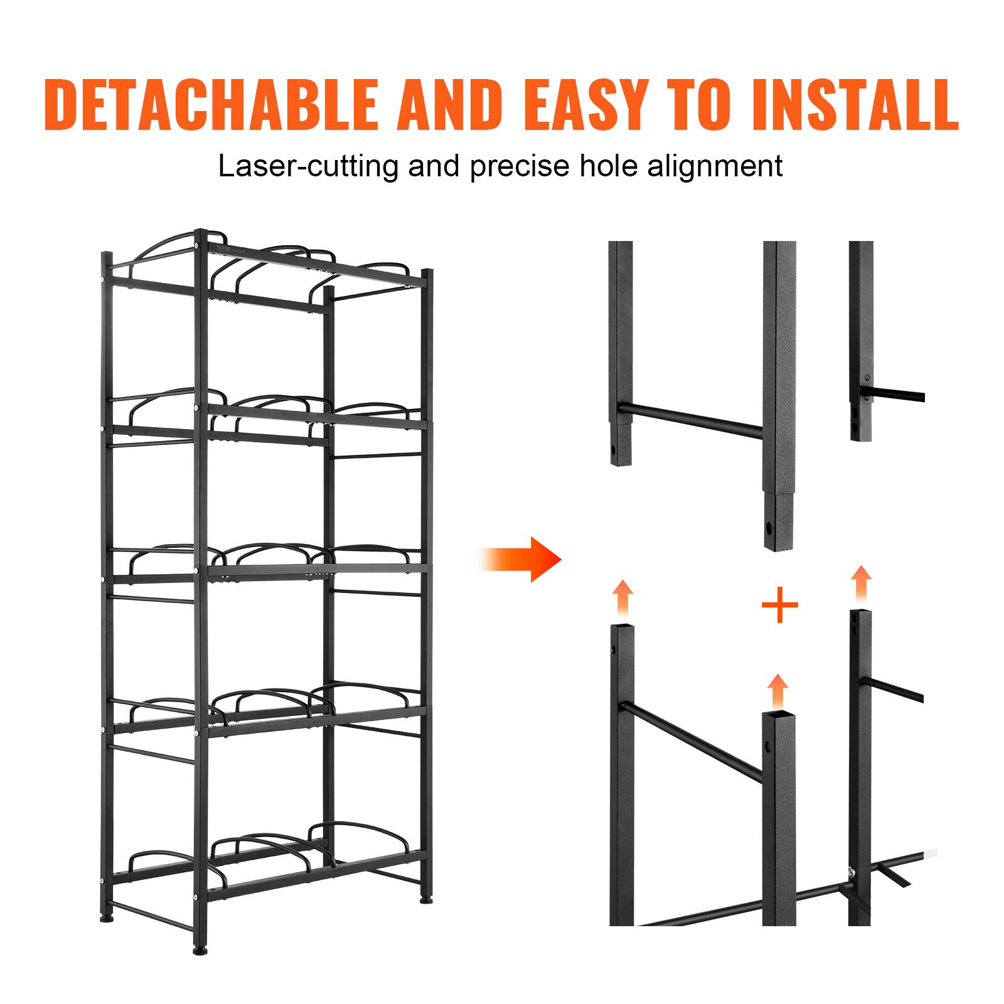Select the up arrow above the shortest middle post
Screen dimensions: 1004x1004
point(777,691)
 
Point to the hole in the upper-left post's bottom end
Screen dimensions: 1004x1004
point(613,450)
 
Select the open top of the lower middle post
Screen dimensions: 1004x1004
point(777,716)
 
